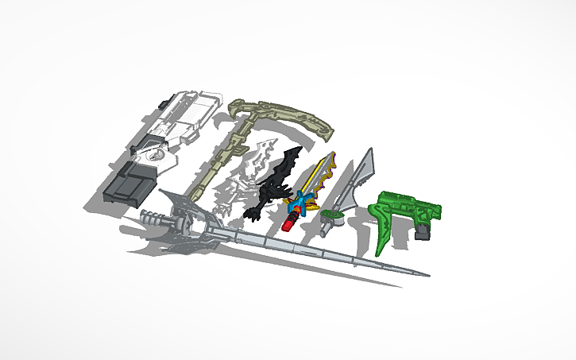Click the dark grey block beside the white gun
pyautogui.click(x=127, y=184)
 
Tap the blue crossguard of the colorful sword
pyautogui.click(x=299, y=205)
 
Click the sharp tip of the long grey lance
pyautogui.click(x=427, y=275)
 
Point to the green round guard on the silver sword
pyautogui.click(x=333, y=215)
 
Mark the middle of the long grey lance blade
pyautogui.click(x=318, y=250)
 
